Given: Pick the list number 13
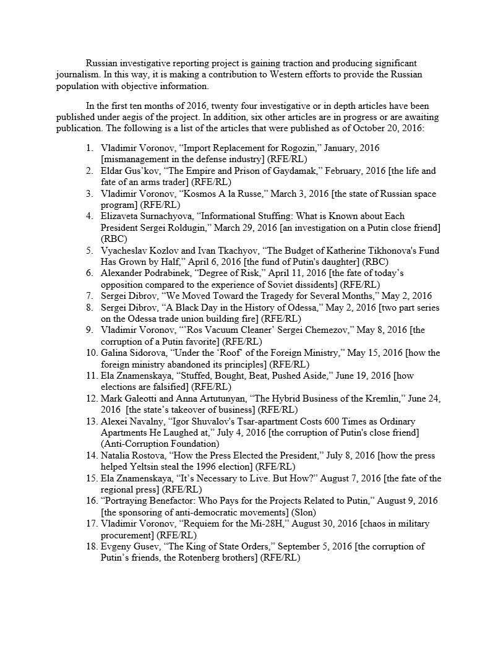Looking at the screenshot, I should point(92,421).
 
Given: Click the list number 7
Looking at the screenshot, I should point(90,296).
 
